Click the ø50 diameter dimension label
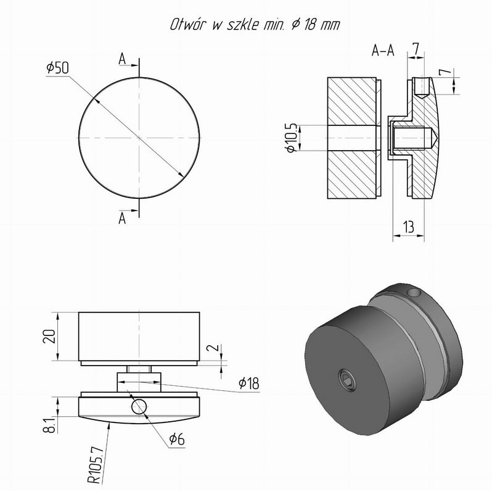(x=57, y=67)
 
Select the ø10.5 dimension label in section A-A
(x=292, y=137)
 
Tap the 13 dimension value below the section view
(x=409, y=227)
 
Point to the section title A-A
(x=383, y=50)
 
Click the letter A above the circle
(x=122, y=59)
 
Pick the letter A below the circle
(x=122, y=218)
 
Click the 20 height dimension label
(x=49, y=336)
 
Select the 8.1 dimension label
(x=49, y=425)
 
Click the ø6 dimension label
(x=177, y=439)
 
